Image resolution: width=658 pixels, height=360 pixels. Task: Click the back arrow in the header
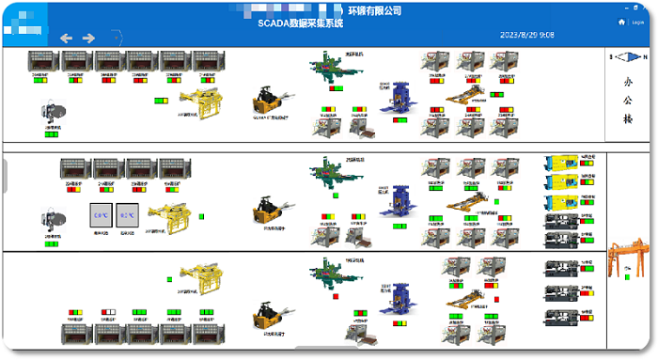(x=66, y=38)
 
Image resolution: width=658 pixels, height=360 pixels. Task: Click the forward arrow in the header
(x=89, y=38)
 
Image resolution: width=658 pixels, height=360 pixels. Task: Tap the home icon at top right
(x=621, y=22)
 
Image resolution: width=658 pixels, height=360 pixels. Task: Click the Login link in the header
(x=637, y=22)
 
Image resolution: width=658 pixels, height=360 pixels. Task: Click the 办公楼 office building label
(x=629, y=101)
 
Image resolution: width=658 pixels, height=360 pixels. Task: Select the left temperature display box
(x=100, y=214)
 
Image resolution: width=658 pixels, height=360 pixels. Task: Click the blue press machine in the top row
(x=393, y=102)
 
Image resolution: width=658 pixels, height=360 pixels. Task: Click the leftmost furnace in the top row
(x=43, y=61)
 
